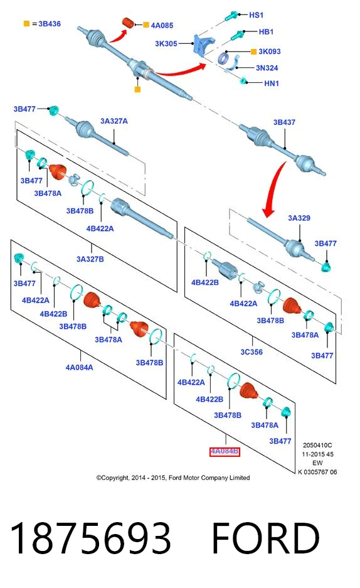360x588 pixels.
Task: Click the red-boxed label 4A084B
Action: [x=225, y=451]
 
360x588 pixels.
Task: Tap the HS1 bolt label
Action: [x=257, y=15]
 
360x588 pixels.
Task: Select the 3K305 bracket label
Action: [x=166, y=43]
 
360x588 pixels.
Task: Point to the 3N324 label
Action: [x=267, y=68]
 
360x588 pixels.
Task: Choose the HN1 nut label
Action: [x=272, y=83]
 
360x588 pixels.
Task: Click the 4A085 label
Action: [x=162, y=26]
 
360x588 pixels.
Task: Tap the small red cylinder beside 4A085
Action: [x=129, y=23]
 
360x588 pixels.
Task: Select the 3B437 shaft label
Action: [x=284, y=122]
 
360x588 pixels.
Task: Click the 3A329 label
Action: [x=299, y=218]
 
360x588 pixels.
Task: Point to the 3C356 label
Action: [x=251, y=352]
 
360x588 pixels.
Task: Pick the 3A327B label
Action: [x=90, y=259]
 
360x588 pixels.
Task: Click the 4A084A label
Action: [x=80, y=368]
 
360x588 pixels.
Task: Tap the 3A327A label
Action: [x=114, y=121]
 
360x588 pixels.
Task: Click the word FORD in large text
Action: [x=265, y=538]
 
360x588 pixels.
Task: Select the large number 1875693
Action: [x=91, y=538]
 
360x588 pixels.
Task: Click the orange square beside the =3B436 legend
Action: [x=26, y=24]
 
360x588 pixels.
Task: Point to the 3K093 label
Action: [x=269, y=51]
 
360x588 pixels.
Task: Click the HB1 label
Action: [x=266, y=32]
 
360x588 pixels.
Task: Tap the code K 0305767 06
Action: [x=318, y=472]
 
